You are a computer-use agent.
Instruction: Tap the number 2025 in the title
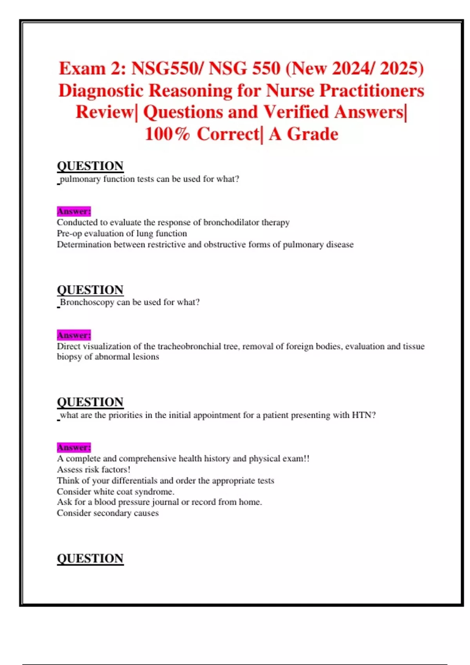tap(401, 68)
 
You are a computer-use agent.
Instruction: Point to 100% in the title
tap(167, 134)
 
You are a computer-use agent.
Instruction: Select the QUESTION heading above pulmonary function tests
tap(90, 166)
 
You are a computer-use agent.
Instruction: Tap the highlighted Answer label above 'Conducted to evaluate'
tap(74, 211)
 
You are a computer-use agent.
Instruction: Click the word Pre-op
tap(69, 234)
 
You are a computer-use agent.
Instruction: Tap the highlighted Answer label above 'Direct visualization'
tap(74, 335)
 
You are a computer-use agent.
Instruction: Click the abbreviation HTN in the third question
tap(361, 415)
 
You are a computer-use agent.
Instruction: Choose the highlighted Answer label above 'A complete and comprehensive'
tap(74, 448)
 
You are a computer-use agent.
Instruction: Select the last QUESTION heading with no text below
tap(90, 558)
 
